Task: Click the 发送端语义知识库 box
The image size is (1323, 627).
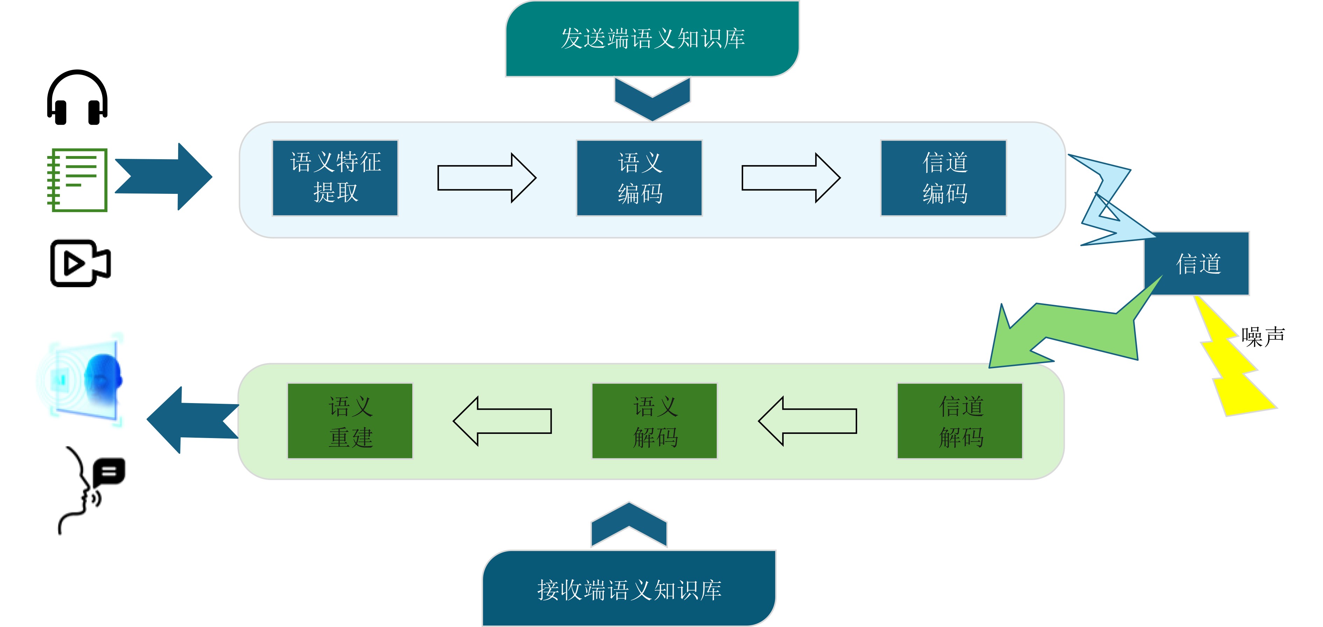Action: (652, 38)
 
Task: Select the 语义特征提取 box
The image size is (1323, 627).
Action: (335, 178)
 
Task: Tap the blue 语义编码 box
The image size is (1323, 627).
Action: (639, 178)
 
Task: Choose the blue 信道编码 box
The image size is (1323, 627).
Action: (944, 178)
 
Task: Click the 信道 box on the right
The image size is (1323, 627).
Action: (1197, 263)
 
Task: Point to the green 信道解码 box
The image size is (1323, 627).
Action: (960, 421)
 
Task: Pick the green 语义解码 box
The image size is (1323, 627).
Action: (655, 421)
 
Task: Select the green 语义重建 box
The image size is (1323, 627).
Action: (350, 421)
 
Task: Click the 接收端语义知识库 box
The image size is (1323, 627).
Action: (629, 589)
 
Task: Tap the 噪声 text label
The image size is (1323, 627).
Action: (1263, 337)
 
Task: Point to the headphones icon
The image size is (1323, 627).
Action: (78, 98)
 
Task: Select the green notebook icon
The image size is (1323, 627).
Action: (77, 180)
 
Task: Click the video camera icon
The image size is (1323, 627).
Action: (80, 263)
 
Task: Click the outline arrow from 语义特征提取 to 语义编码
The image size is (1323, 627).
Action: (487, 178)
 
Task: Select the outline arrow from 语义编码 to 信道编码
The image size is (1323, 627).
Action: (791, 178)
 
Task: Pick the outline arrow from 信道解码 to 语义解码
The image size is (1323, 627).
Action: (807, 421)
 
